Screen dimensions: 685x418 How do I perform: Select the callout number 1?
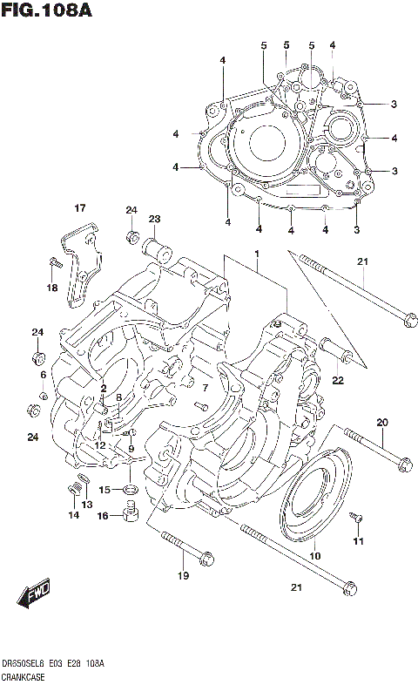(258, 253)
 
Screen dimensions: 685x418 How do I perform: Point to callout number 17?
(79, 207)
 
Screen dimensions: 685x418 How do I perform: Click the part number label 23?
(154, 219)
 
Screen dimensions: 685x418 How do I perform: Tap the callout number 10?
(314, 555)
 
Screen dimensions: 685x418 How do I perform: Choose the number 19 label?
(183, 575)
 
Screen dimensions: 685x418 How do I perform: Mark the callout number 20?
(381, 423)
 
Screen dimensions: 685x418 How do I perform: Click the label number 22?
(337, 379)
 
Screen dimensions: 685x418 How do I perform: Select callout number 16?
(103, 516)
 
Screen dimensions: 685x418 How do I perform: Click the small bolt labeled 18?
(54, 262)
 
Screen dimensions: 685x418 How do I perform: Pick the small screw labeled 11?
(354, 520)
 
